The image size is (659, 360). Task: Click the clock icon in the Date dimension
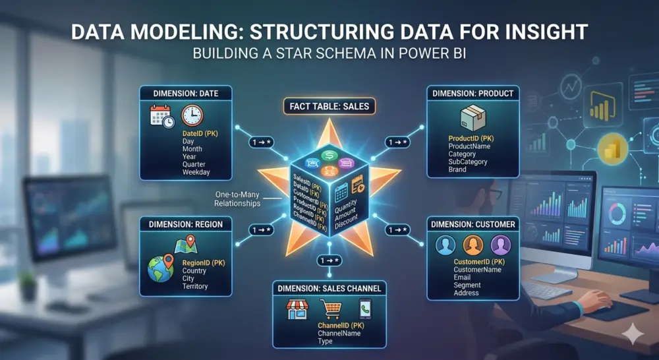pyautogui.click(x=192, y=116)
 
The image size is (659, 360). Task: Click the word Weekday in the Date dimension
pyautogui.click(x=196, y=172)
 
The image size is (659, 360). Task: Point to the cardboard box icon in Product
pyautogui.click(x=473, y=119)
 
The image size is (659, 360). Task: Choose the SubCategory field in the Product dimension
pyautogui.click(x=468, y=162)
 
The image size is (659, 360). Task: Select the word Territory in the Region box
pyautogui.click(x=194, y=286)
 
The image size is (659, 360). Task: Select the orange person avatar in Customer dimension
pyautogui.click(x=473, y=246)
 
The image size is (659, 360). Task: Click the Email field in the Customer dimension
pyautogui.click(x=463, y=278)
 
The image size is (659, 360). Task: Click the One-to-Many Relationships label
pyautogui.click(x=237, y=198)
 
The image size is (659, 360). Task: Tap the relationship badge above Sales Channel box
pyautogui.click(x=329, y=260)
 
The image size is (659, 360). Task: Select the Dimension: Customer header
pyautogui.click(x=473, y=224)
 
